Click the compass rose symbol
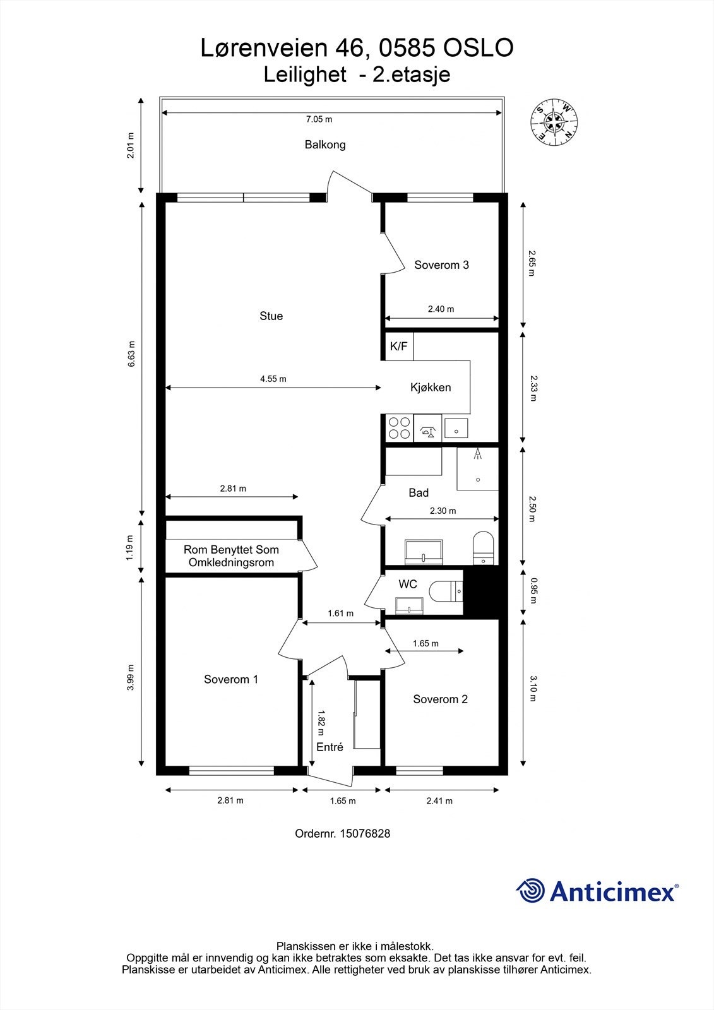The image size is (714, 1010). point(554,122)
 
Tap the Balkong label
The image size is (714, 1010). point(325,145)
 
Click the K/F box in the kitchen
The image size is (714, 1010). point(399,347)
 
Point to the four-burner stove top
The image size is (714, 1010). point(400,428)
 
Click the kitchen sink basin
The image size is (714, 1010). point(456,429)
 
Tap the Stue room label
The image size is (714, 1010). point(271,316)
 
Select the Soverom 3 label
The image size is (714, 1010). point(441,265)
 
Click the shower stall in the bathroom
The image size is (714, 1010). point(478,469)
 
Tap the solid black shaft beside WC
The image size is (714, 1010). point(481,592)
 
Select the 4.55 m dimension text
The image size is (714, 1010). point(273,379)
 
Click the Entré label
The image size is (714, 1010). point(330,747)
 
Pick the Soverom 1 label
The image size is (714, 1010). point(231,679)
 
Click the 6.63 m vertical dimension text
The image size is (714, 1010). point(131,354)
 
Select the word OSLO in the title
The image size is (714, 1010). point(479,48)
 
